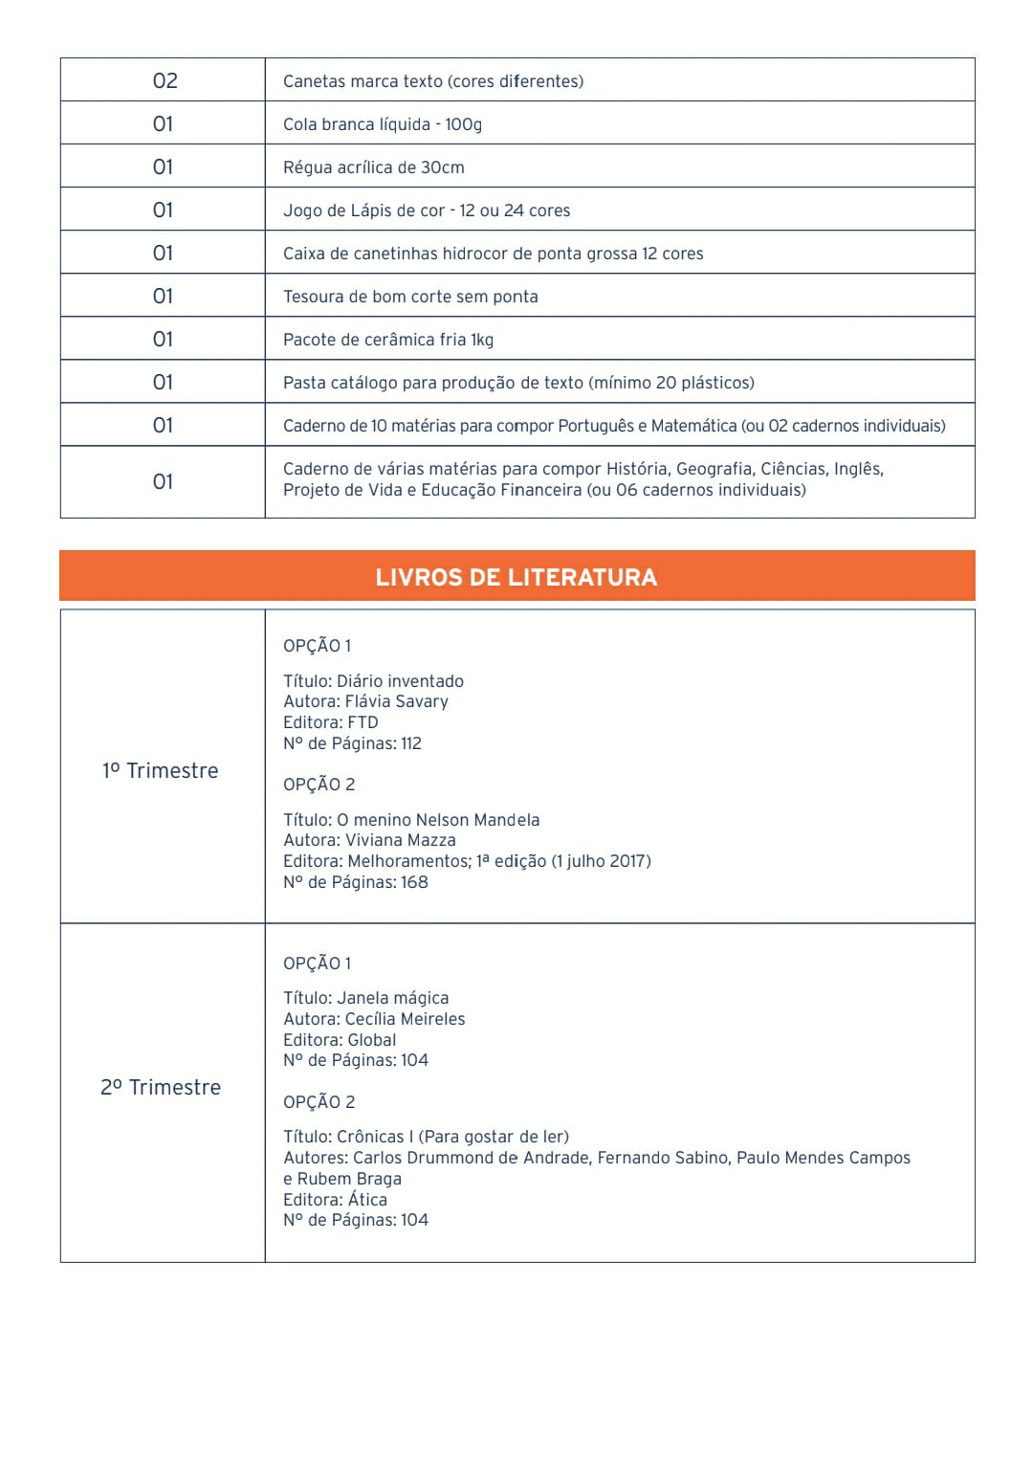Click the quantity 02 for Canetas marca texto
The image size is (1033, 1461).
pyautogui.click(x=165, y=80)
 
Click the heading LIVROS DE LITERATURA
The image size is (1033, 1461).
pyautogui.click(x=516, y=577)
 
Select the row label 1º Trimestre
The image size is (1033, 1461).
pyautogui.click(x=161, y=770)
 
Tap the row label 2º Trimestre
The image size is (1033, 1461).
pyautogui.click(x=161, y=1087)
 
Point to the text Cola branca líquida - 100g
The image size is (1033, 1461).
pyautogui.click(x=383, y=124)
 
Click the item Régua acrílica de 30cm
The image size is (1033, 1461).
pyautogui.click(x=374, y=167)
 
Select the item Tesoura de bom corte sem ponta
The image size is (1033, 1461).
pyautogui.click(x=410, y=297)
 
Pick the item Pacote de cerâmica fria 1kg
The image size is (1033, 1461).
pyautogui.click(x=388, y=340)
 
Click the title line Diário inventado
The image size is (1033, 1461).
pyautogui.click(x=373, y=681)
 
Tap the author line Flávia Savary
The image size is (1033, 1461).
pyautogui.click(x=365, y=701)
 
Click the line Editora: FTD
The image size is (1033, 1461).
pyautogui.click(x=331, y=722)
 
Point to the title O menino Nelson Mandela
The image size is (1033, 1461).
pyautogui.click(x=411, y=820)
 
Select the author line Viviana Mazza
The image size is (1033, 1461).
pyautogui.click(x=369, y=840)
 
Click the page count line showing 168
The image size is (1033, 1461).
pyautogui.click(x=356, y=882)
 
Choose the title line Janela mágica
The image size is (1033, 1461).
pyautogui.click(x=365, y=998)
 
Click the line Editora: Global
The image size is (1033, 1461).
pyautogui.click(x=340, y=1040)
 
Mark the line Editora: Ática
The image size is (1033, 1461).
pyautogui.click(x=335, y=1200)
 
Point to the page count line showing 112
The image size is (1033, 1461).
pyautogui.click(x=352, y=743)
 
